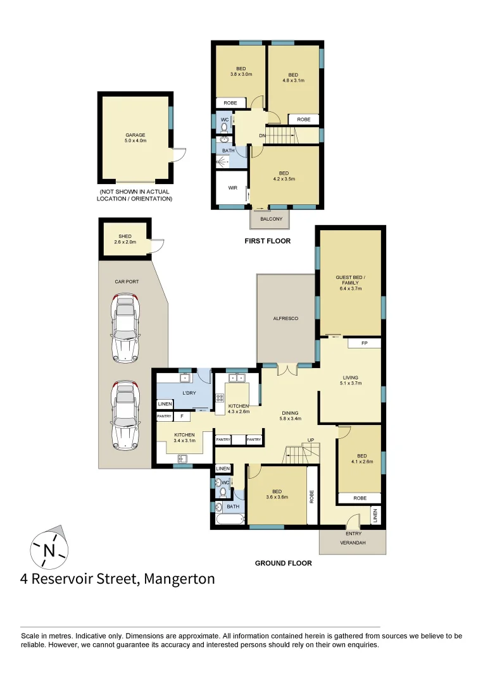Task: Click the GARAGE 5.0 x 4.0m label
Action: point(135,138)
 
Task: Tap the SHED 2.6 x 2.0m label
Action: point(125,239)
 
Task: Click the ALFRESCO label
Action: point(285,318)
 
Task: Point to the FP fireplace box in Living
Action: point(364,343)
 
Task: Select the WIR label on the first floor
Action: point(232,188)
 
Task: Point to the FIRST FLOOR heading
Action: point(267,241)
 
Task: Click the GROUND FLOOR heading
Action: point(283,563)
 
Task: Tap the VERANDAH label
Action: point(353,543)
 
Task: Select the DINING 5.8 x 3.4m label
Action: point(291,415)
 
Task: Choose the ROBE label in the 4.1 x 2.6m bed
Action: point(360,498)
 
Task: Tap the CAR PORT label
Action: point(127,281)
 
